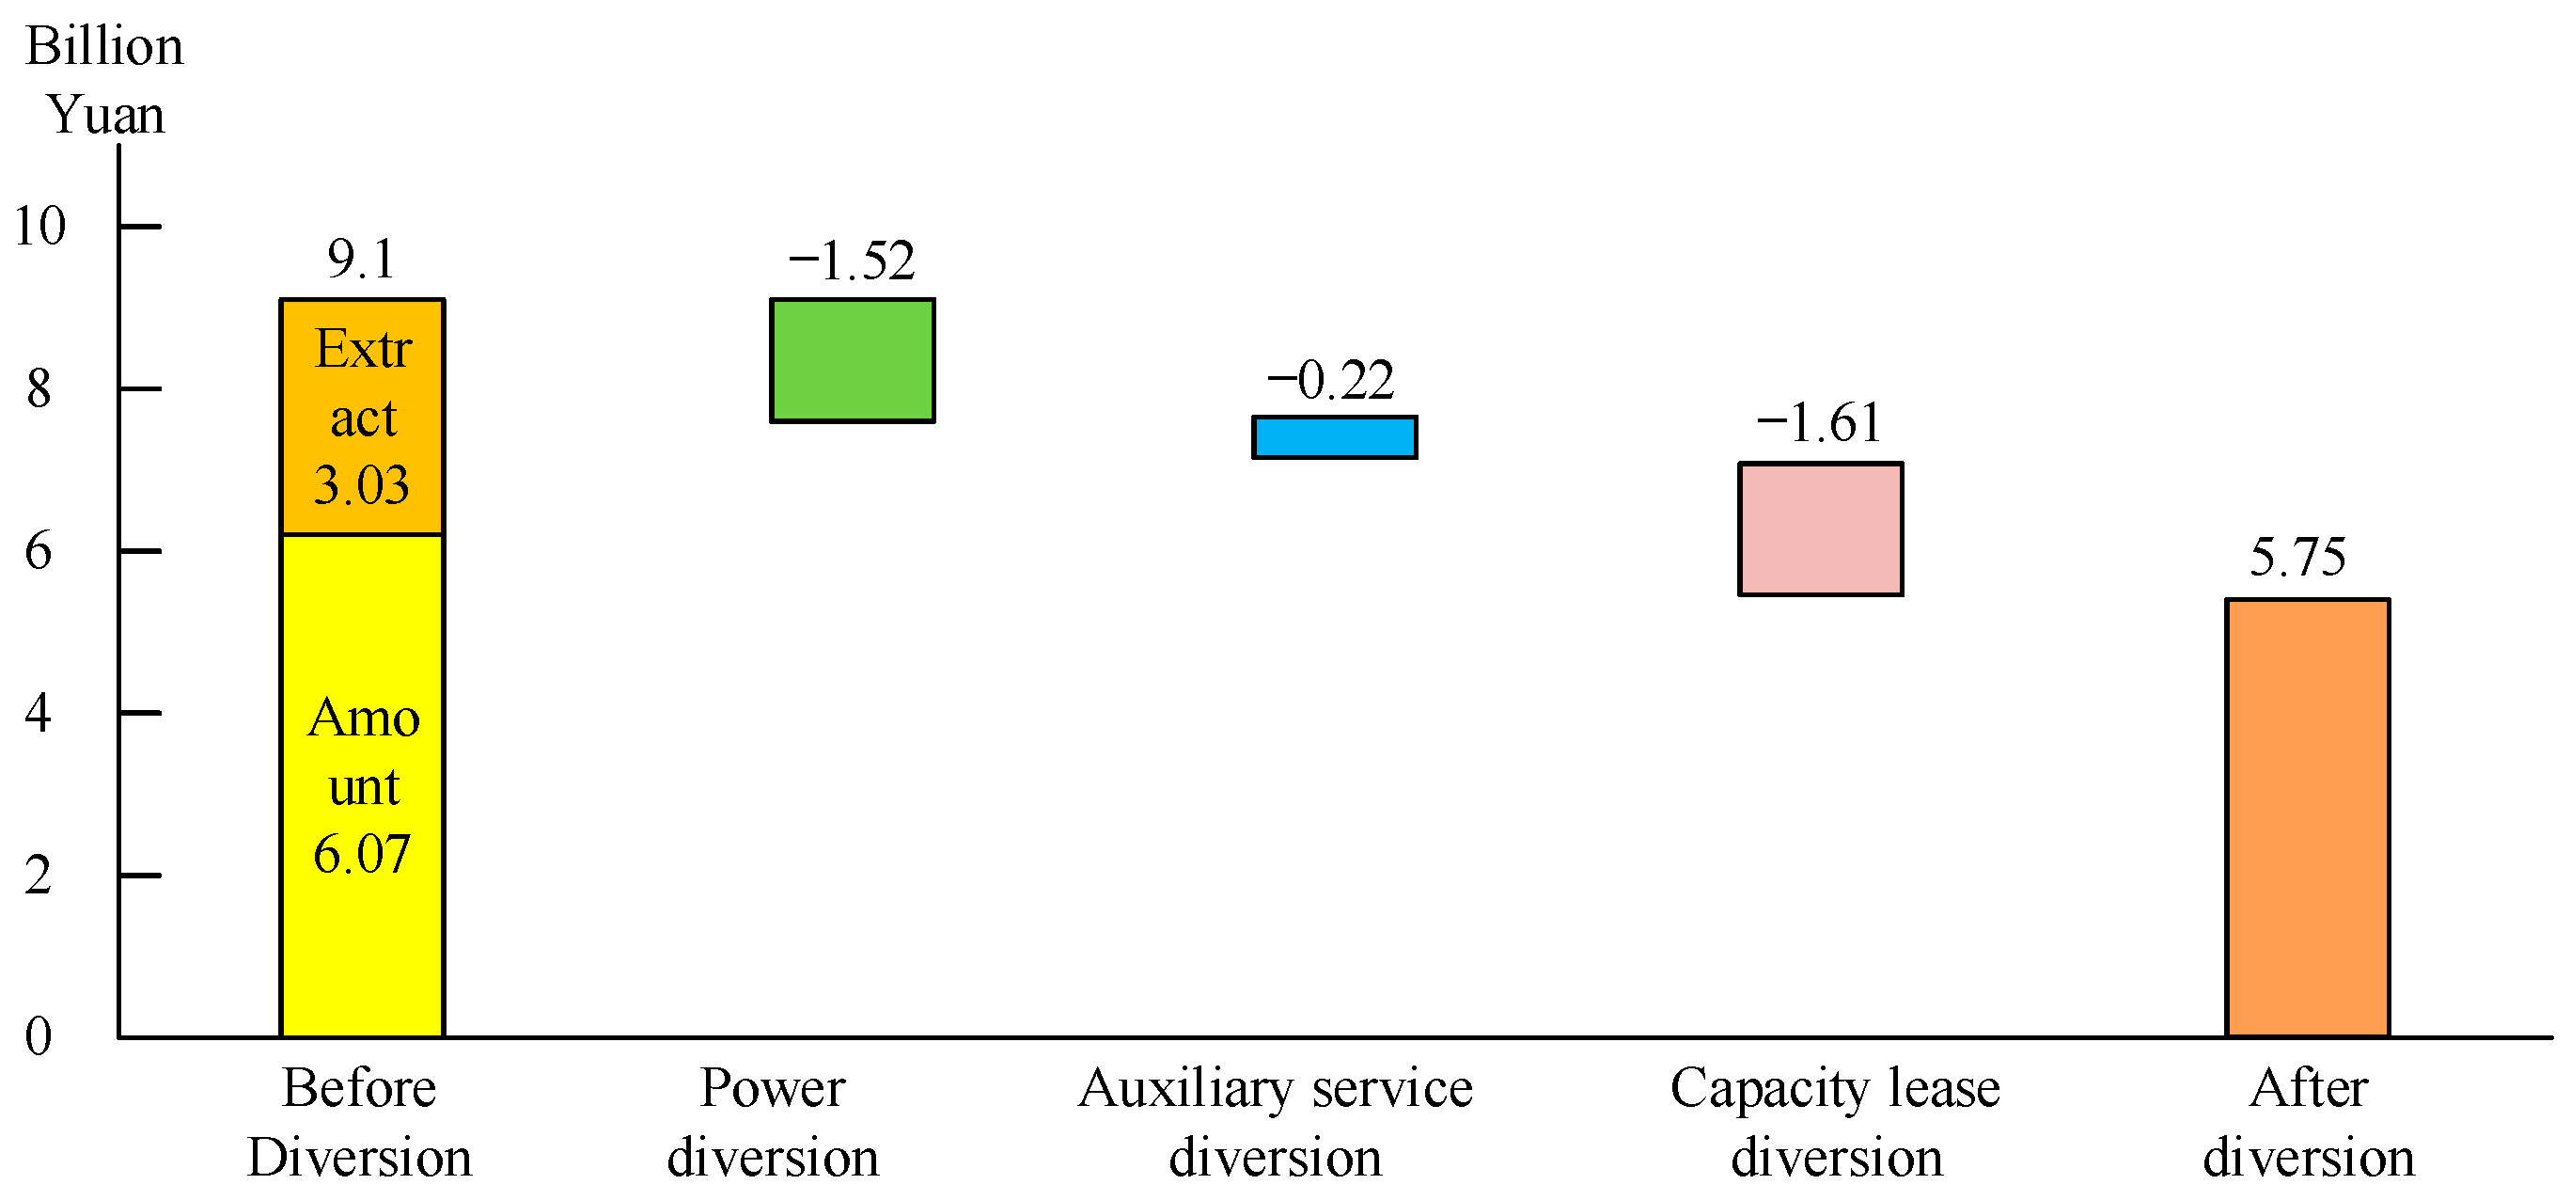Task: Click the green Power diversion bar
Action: point(852,360)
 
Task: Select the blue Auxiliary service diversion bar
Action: point(1335,437)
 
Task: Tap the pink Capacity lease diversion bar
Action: point(1821,529)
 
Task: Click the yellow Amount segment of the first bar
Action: point(362,639)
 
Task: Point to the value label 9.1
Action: point(361,260)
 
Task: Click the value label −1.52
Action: point(852,261)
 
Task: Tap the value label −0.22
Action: point(1330,380)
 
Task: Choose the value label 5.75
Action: point(2297,557)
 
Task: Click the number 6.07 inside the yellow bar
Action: point(361,855)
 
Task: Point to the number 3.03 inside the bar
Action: point(361,485)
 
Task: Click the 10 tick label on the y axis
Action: point(39,226)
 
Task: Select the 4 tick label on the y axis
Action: point(38,713)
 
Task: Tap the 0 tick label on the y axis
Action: point(38,1036)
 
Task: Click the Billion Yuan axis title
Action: point(104,80)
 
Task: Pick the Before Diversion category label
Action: point(359,1122)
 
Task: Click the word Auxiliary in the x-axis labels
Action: point(1186,1088)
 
